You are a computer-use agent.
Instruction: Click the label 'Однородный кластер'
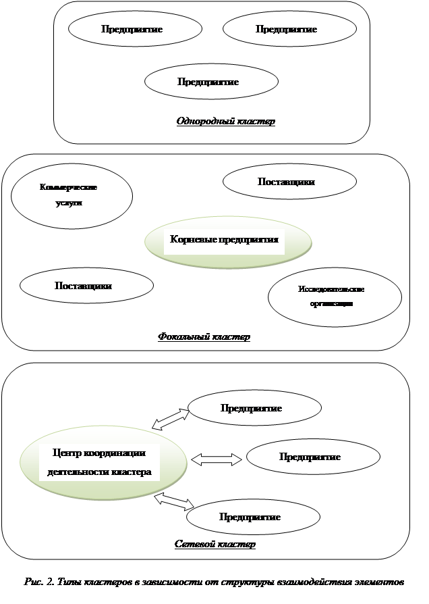[226, 122]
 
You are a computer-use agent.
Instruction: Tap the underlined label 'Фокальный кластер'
[204, 336]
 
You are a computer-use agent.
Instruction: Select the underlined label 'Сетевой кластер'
[214, 544]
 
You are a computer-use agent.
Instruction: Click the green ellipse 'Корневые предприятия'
[229, 241]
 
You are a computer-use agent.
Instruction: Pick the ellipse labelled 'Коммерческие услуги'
[71, 195]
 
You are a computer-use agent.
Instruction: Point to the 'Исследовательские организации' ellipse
[335, 297]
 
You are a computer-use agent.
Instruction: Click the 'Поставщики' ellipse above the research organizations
[289, 182]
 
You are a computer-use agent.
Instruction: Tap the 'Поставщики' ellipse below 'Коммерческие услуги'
[85, 285]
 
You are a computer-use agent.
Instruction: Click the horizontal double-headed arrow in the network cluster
[217, 459]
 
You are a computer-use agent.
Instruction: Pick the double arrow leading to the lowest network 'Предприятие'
[174, 501]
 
